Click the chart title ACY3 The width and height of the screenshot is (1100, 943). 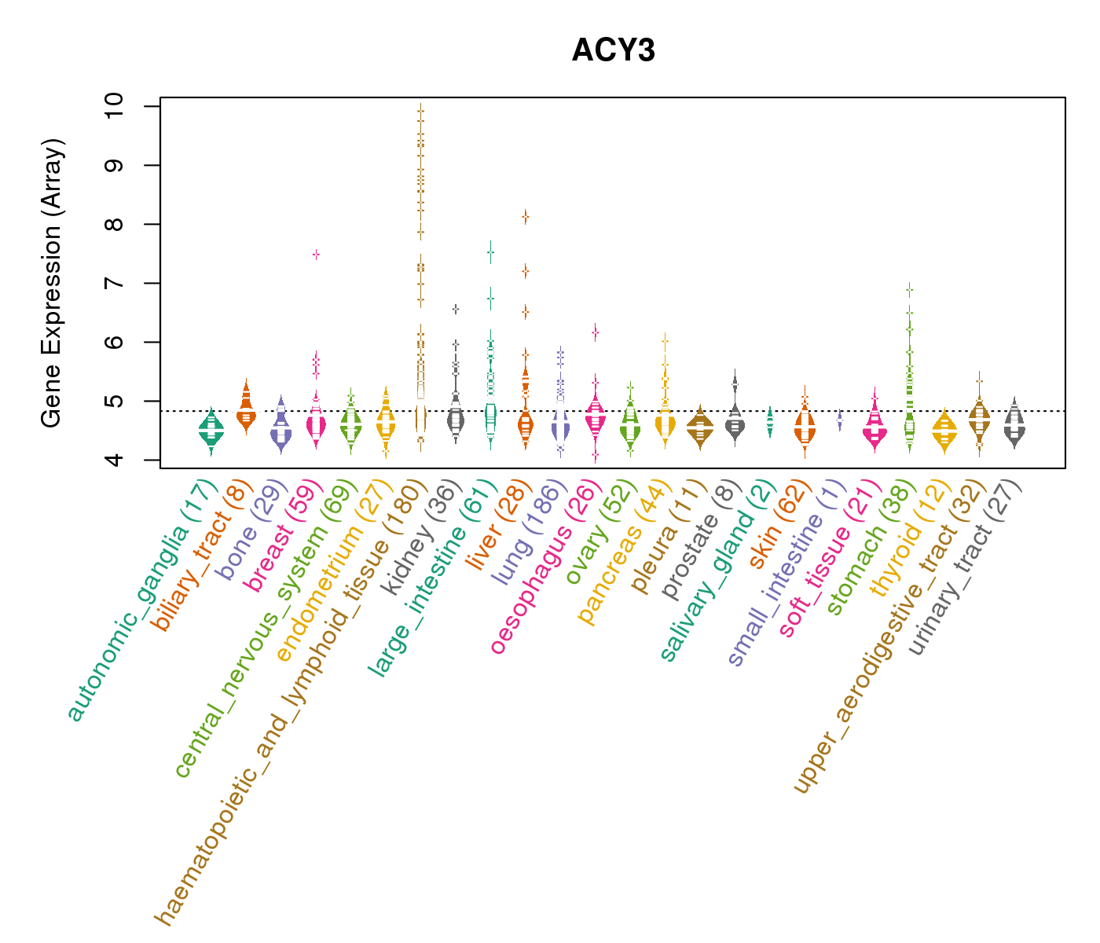pos(614,51)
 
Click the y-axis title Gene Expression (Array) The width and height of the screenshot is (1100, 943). pos(51,284)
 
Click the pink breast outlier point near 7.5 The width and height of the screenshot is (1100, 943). pos(316,255)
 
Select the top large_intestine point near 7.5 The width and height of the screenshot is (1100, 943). pos(490,252)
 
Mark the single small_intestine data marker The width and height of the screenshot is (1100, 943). pos(839,421)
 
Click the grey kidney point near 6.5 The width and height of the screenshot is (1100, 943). pos(456,309)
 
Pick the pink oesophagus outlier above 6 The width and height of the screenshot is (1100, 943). pos(596,333)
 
